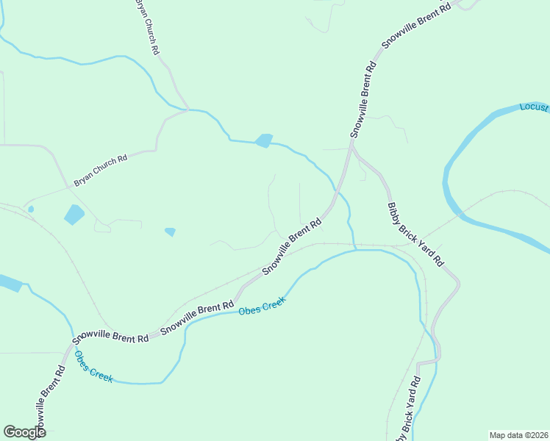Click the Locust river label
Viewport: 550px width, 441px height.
[x=535, y=107]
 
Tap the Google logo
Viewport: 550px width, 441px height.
[x=24, y=432]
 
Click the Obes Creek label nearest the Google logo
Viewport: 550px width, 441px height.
[x=93, y=366]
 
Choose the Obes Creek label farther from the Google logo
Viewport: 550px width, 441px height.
[x=261, y=306]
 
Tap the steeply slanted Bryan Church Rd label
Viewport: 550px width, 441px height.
[x=147, y=28]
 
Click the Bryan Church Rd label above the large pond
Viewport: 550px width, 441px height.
[x=100, y=170]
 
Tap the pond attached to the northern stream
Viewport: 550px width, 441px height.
[x=263, y=140]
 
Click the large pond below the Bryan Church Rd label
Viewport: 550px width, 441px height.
[x=74, y=215]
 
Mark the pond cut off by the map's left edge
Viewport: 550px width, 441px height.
[x=9, y=283]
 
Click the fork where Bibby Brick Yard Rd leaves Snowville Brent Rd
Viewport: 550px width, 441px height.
[x=352, y=146]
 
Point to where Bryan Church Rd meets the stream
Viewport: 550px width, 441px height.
[x=188, y=110]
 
